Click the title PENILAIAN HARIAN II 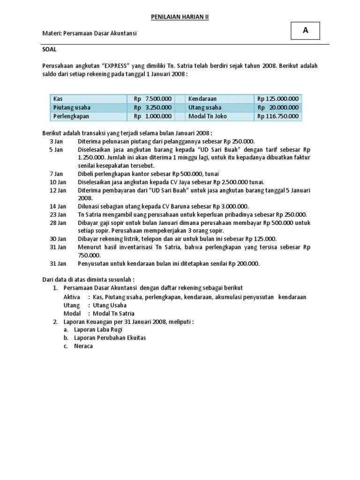180,17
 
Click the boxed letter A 306,30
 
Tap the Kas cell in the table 58,99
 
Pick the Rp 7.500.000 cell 153,99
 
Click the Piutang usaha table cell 72,107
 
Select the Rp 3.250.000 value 153,107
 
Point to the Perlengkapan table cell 71,116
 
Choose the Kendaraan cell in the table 202,99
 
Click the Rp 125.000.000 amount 277,99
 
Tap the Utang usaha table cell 204,107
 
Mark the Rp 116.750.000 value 277,116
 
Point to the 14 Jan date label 58,206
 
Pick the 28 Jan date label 58,222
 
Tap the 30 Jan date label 58,239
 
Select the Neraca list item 83,346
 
